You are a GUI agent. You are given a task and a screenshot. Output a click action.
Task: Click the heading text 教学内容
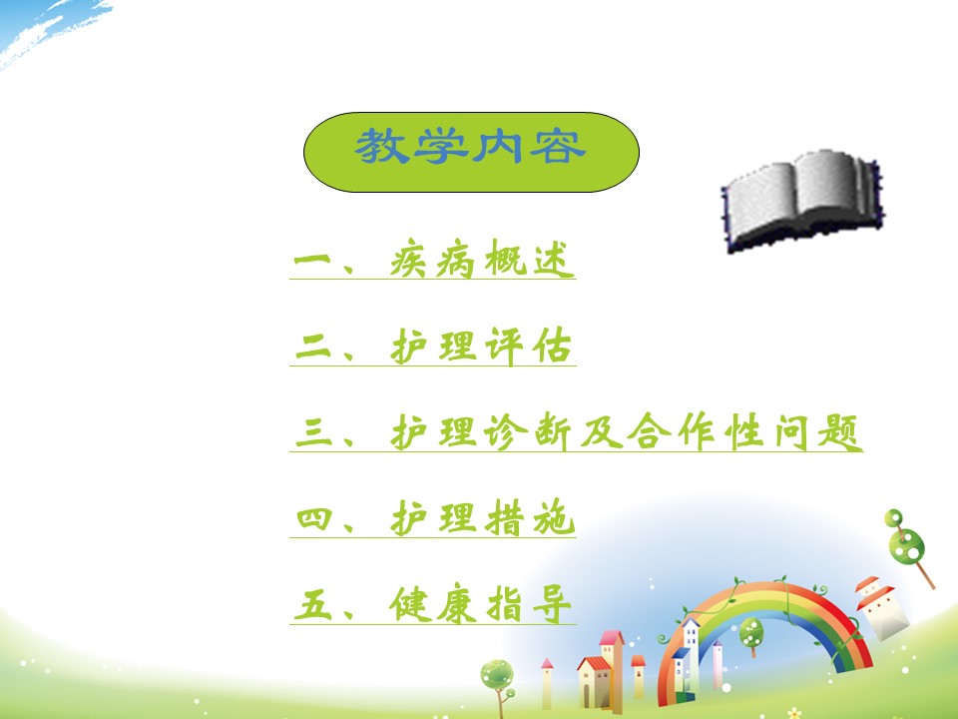[x=470, y=146]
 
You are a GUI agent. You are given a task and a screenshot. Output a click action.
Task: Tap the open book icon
[x=803, y=200]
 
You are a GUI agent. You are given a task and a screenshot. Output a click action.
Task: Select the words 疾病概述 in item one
[x=482, y=259]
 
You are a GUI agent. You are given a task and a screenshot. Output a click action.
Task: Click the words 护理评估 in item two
[x=481, y=347]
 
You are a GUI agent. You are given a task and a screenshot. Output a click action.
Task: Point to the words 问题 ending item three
[x=818, y=431]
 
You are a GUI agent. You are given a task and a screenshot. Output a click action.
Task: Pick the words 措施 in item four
[x=530, y=518]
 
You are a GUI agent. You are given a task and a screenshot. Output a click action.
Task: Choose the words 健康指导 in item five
[x=481, y=604]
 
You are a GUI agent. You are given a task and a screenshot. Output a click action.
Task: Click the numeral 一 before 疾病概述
[x=311, y=260]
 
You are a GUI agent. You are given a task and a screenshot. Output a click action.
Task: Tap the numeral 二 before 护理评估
[x=312, y=347]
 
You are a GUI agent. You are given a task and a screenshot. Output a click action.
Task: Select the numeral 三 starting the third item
[x=313, y=431]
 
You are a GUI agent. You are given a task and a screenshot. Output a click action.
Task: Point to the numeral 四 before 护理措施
[x=314, y=518]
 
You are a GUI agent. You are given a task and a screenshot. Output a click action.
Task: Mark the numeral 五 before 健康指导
[x=312, y=605]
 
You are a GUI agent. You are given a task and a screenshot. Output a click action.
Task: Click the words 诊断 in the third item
[x=529, y=431]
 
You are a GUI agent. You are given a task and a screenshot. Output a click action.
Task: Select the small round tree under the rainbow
[x=751, y=636]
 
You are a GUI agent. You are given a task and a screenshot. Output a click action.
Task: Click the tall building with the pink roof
[x=612, y=670]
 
